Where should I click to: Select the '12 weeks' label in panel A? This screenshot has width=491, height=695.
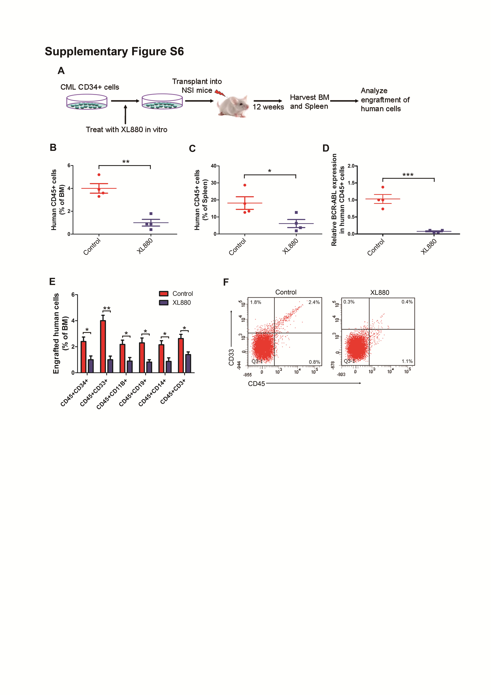coord(268,107)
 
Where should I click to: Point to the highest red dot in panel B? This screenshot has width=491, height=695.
coord(99,175)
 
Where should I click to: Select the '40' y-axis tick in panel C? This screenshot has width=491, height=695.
coord(214,166)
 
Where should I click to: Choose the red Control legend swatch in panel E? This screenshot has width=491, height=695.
coord(164,294)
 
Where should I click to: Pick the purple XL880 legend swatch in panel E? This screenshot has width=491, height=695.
coord(164,302)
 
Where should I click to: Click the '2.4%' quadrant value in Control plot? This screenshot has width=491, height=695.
coord(314,302)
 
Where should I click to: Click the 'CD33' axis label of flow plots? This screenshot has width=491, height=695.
coord(231,357)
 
